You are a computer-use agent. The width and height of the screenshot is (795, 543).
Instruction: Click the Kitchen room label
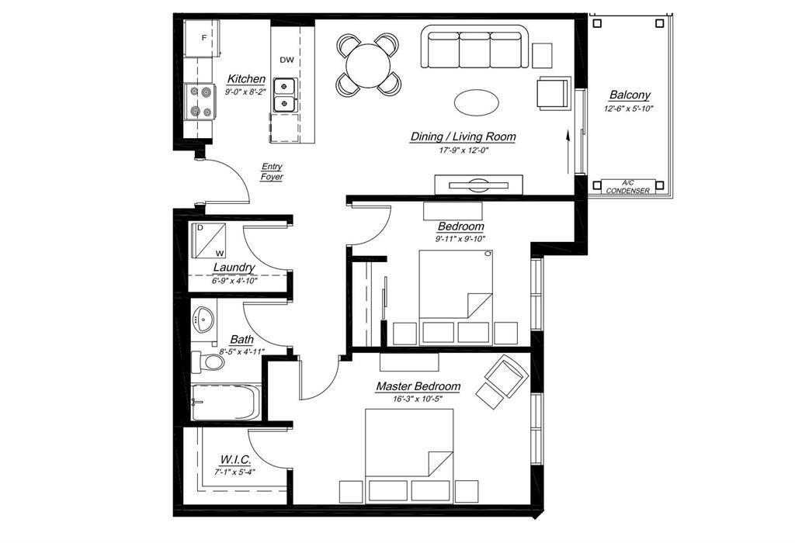246,79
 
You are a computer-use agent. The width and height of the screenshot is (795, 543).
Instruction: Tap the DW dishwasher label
286,60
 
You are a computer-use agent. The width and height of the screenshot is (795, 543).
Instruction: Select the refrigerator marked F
203,38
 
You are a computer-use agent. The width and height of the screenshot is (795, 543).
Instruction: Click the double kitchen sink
287,93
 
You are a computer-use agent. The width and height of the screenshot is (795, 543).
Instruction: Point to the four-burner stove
199,101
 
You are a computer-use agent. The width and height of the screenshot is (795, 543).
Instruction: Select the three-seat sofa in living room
474,49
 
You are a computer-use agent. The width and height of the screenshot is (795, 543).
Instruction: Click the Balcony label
630,95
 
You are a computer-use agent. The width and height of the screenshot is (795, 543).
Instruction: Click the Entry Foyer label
272,171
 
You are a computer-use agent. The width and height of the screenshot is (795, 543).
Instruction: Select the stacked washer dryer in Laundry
209,240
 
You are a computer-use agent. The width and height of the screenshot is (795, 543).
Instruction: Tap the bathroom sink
205,319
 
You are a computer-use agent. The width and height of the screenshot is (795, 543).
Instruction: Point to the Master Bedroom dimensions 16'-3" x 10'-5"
418,399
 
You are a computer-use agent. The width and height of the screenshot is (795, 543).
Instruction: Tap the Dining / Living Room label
463,137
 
